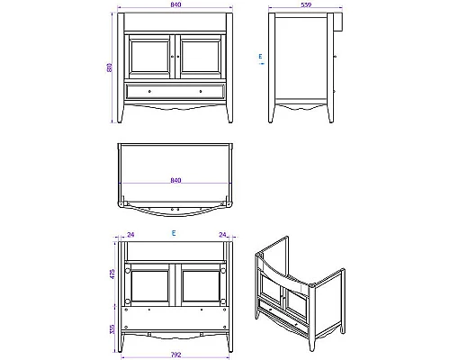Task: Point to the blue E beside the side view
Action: (x=260, y=56)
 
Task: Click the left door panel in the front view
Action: (x=150, y=57)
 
